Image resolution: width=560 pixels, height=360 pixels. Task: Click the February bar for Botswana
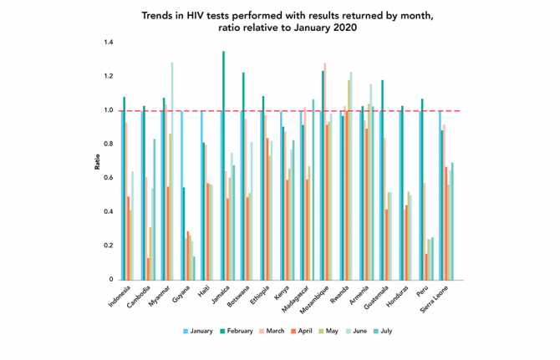pyautogui.click(x=243, y=175)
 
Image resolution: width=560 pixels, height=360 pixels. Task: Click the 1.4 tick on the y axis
pyautogui.click(x=109, y=43)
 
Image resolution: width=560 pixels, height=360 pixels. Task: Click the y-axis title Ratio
pyautogui.click(x=97, y=161)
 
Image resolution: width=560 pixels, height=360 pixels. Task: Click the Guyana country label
pyautogui.click(x=185, y=294)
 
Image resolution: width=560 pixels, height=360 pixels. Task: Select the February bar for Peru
pyautogui.click(x=423, y=189)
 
